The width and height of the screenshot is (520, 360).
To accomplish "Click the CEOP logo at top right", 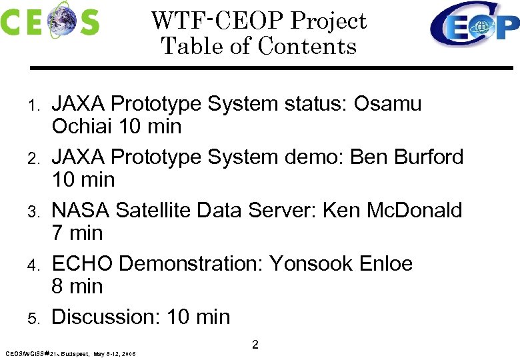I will tap(474, 25).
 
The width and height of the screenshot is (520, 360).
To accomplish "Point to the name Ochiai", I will tap(81, 126).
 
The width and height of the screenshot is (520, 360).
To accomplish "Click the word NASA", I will tap(81, 211).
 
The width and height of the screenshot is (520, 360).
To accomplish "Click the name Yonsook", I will tap(310, 264).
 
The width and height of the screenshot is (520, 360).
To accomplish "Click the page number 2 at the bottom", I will tap(255, 345).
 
